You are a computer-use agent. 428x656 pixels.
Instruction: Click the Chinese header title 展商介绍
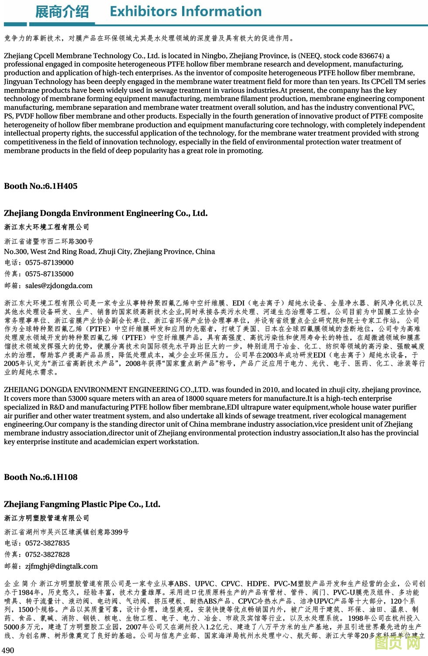[x=62, y=12]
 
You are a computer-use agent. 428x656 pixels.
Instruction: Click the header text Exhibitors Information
[x=186, y=11]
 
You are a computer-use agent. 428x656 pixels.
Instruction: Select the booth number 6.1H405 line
[x=41, y=186]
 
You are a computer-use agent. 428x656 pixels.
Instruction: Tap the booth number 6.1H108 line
[x=41, y=477]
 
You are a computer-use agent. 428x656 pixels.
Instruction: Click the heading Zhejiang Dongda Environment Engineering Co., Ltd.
[x=106, y=213]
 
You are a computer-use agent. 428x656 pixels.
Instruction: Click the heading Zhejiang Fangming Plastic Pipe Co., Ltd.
[x=82, y=504]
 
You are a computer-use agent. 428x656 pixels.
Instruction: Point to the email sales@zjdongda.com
[x=59, y=286]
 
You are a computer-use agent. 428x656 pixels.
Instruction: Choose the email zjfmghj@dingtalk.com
[x=62, y=566]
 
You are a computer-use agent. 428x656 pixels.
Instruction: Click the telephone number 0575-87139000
[x=49, y=263]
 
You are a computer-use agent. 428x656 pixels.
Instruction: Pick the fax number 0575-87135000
[x=49, y=274]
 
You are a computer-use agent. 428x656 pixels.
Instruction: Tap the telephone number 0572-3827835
[x=48, y=543]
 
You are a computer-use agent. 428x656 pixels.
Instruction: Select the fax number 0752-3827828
[x=48, y=555]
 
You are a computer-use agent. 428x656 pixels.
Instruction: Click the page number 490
[x=8, y=650]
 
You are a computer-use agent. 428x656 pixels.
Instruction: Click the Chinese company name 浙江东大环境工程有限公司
[x=47, y=227]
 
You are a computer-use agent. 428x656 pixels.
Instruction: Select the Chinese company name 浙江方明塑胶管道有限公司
[x=47, y=518]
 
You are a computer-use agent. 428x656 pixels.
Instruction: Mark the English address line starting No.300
[x=109, y=252]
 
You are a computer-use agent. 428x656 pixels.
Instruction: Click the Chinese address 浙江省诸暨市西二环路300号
[x=48, y=242]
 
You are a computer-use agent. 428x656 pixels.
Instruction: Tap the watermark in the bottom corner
[x=397, y=643]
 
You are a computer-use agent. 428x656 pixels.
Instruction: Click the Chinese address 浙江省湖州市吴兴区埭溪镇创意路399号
[x=66, y=532]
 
